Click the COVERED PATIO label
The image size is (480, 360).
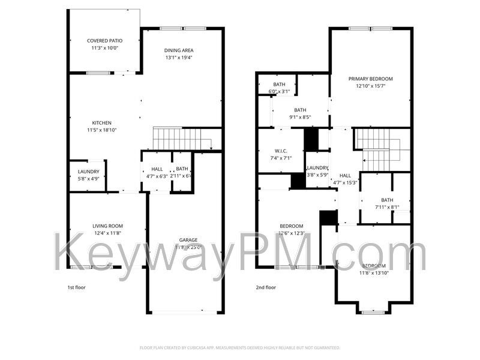click(104, 40)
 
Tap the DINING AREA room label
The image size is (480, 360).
click(179, 50)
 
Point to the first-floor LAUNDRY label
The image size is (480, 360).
click(88, 172)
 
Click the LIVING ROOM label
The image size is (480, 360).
click(107, 226)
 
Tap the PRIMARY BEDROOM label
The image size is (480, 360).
click(371, 79)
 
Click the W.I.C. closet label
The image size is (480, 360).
click(281, 151)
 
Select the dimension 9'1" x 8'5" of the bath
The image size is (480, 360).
click(300, 117)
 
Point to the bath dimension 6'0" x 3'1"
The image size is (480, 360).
click(280, 91)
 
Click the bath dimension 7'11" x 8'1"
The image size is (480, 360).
click(387, 207)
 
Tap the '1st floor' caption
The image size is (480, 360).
click(76, 287)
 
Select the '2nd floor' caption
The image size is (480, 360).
click(266, 287)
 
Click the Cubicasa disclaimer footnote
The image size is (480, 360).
click(240, 347)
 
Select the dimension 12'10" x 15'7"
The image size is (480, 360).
click(371, 86)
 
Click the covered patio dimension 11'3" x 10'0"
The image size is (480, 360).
click(104, 47)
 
